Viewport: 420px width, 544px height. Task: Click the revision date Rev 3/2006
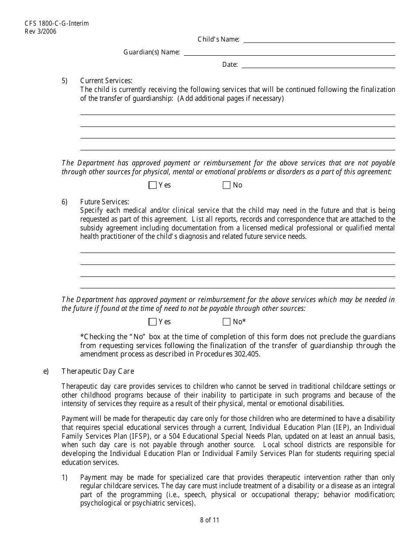[41, 31]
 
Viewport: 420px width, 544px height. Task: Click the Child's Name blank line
[319, 40]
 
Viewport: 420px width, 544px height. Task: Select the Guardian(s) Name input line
[289, 52]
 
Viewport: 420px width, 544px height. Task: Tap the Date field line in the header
[318, 65]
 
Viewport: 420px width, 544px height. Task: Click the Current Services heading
[106, 80]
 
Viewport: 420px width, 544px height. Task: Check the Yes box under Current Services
[153, 185]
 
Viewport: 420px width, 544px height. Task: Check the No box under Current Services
[227, 185]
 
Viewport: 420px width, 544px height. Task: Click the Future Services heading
[104, 202]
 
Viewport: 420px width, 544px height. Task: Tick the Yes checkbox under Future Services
[153, 322]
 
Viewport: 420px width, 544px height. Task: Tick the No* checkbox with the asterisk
[227, 322]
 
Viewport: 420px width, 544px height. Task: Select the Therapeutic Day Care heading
[98, 372]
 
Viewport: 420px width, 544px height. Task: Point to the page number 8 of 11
[210, 520]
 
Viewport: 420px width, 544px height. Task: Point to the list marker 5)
[65, 80]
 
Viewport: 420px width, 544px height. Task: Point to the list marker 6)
[65, 202]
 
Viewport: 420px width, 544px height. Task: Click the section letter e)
[46, 372]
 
